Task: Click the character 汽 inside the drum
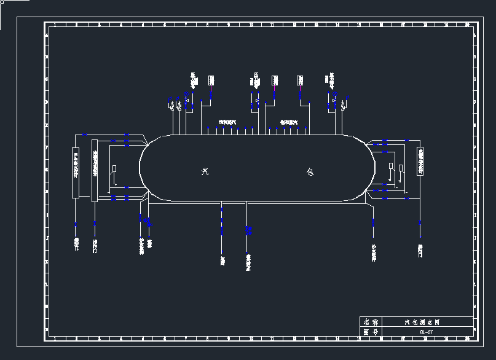click(x=205, y=172)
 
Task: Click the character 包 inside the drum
click(x=310, y=172)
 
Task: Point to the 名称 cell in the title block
click(x=371, y=322)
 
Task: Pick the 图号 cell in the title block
click(x=371, y=332)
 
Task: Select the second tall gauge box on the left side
click(x=94, y=170)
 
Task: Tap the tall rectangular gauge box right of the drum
click(x=420, y=161)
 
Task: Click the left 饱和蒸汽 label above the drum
click(x=228, y=122)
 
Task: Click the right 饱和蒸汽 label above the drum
click(x=289, y=122)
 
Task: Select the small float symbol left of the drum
click(x=114, y=170)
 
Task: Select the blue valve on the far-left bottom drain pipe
click(x=76, y=224)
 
